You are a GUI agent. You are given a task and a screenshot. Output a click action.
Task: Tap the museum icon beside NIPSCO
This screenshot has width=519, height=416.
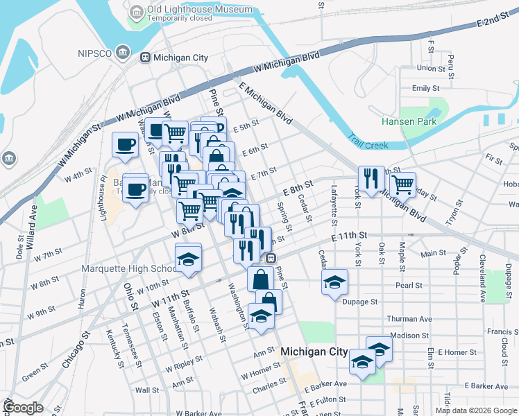coord(123,52)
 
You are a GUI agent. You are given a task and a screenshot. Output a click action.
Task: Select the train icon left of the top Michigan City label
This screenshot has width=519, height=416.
coord(146,57)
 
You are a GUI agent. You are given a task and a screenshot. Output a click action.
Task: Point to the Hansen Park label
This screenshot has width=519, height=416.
coord(408,121)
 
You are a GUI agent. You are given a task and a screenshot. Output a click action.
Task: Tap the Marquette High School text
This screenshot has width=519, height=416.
coord(129,269)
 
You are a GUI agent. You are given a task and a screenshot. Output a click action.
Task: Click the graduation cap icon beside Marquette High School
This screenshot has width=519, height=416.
coord(187,258)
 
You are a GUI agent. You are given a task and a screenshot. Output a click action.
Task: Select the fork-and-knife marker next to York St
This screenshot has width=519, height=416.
coord(372,179)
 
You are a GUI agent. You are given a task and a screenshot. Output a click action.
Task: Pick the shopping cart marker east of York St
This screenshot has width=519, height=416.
coord(402,184)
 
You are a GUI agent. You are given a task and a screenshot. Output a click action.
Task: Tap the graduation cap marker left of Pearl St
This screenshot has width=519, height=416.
coord(334,281)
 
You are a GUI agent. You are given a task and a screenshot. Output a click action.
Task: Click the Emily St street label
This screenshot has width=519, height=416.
coord(425,89)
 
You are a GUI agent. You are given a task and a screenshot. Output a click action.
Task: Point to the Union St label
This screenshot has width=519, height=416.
coord(430,68)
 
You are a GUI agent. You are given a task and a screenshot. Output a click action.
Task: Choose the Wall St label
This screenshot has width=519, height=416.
coord(147,390)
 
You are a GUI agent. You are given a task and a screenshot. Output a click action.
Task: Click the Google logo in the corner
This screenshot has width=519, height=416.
coord(22,408)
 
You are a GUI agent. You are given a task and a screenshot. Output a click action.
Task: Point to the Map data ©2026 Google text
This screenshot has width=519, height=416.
coord(476,410)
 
